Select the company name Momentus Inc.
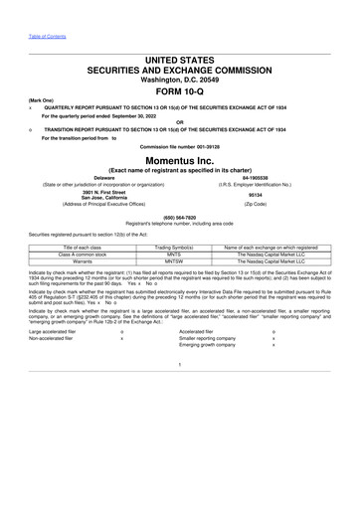point(180,160)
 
